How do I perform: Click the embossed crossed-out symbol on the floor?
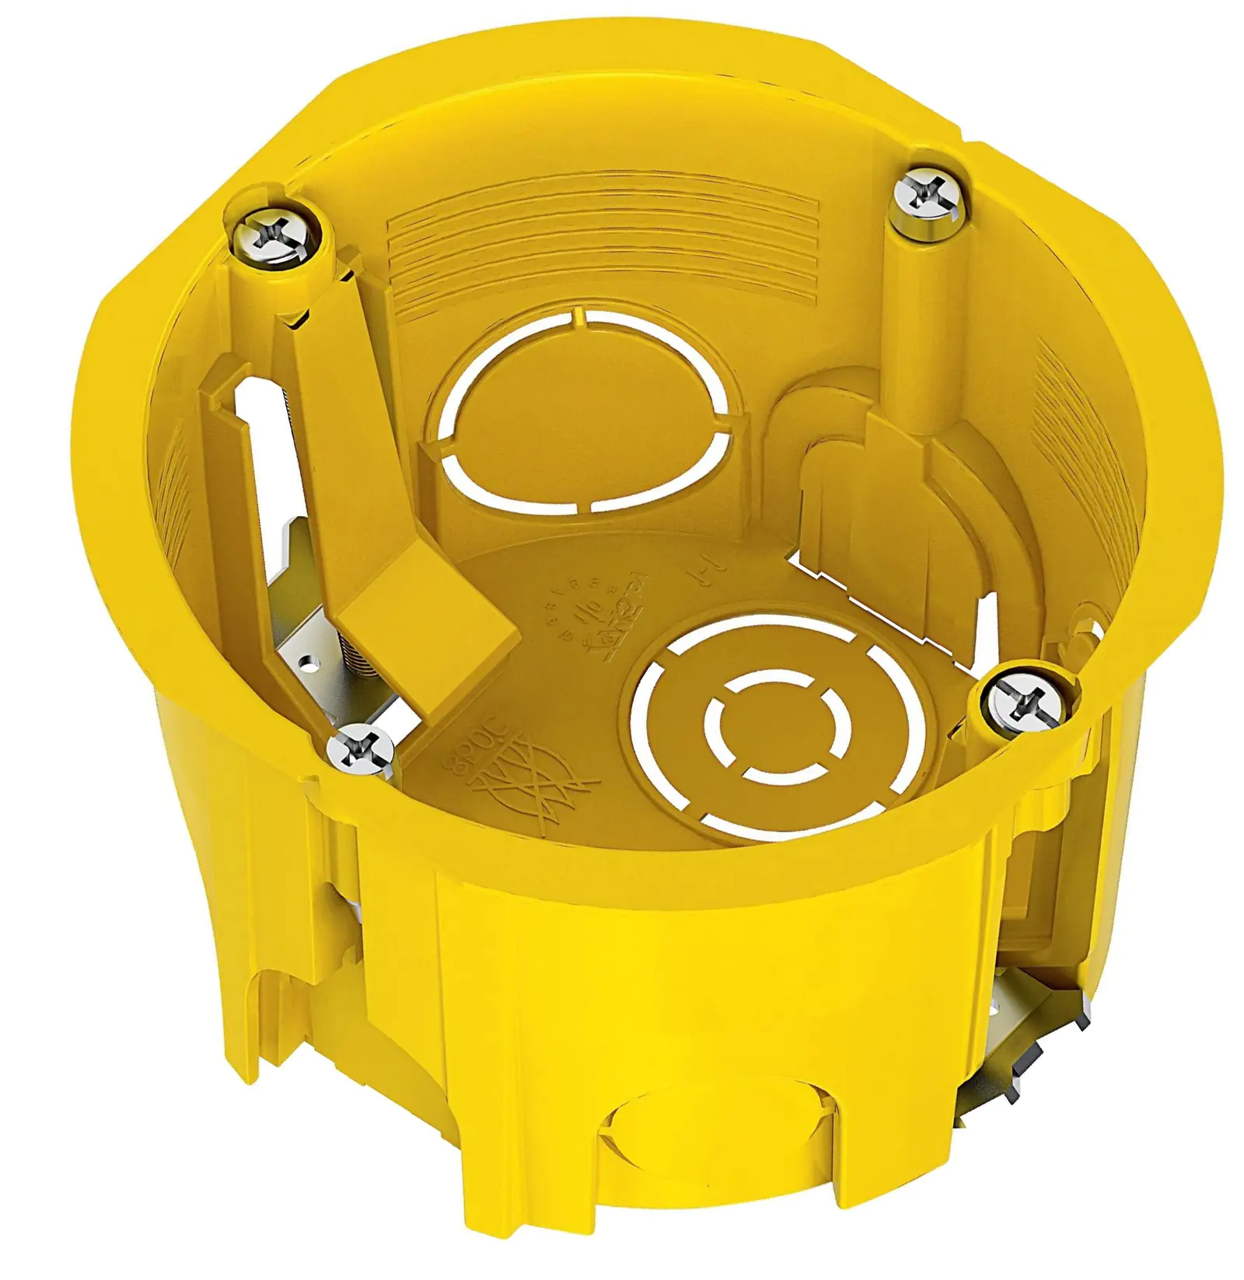pyautogui.click(x=536, y=785)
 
